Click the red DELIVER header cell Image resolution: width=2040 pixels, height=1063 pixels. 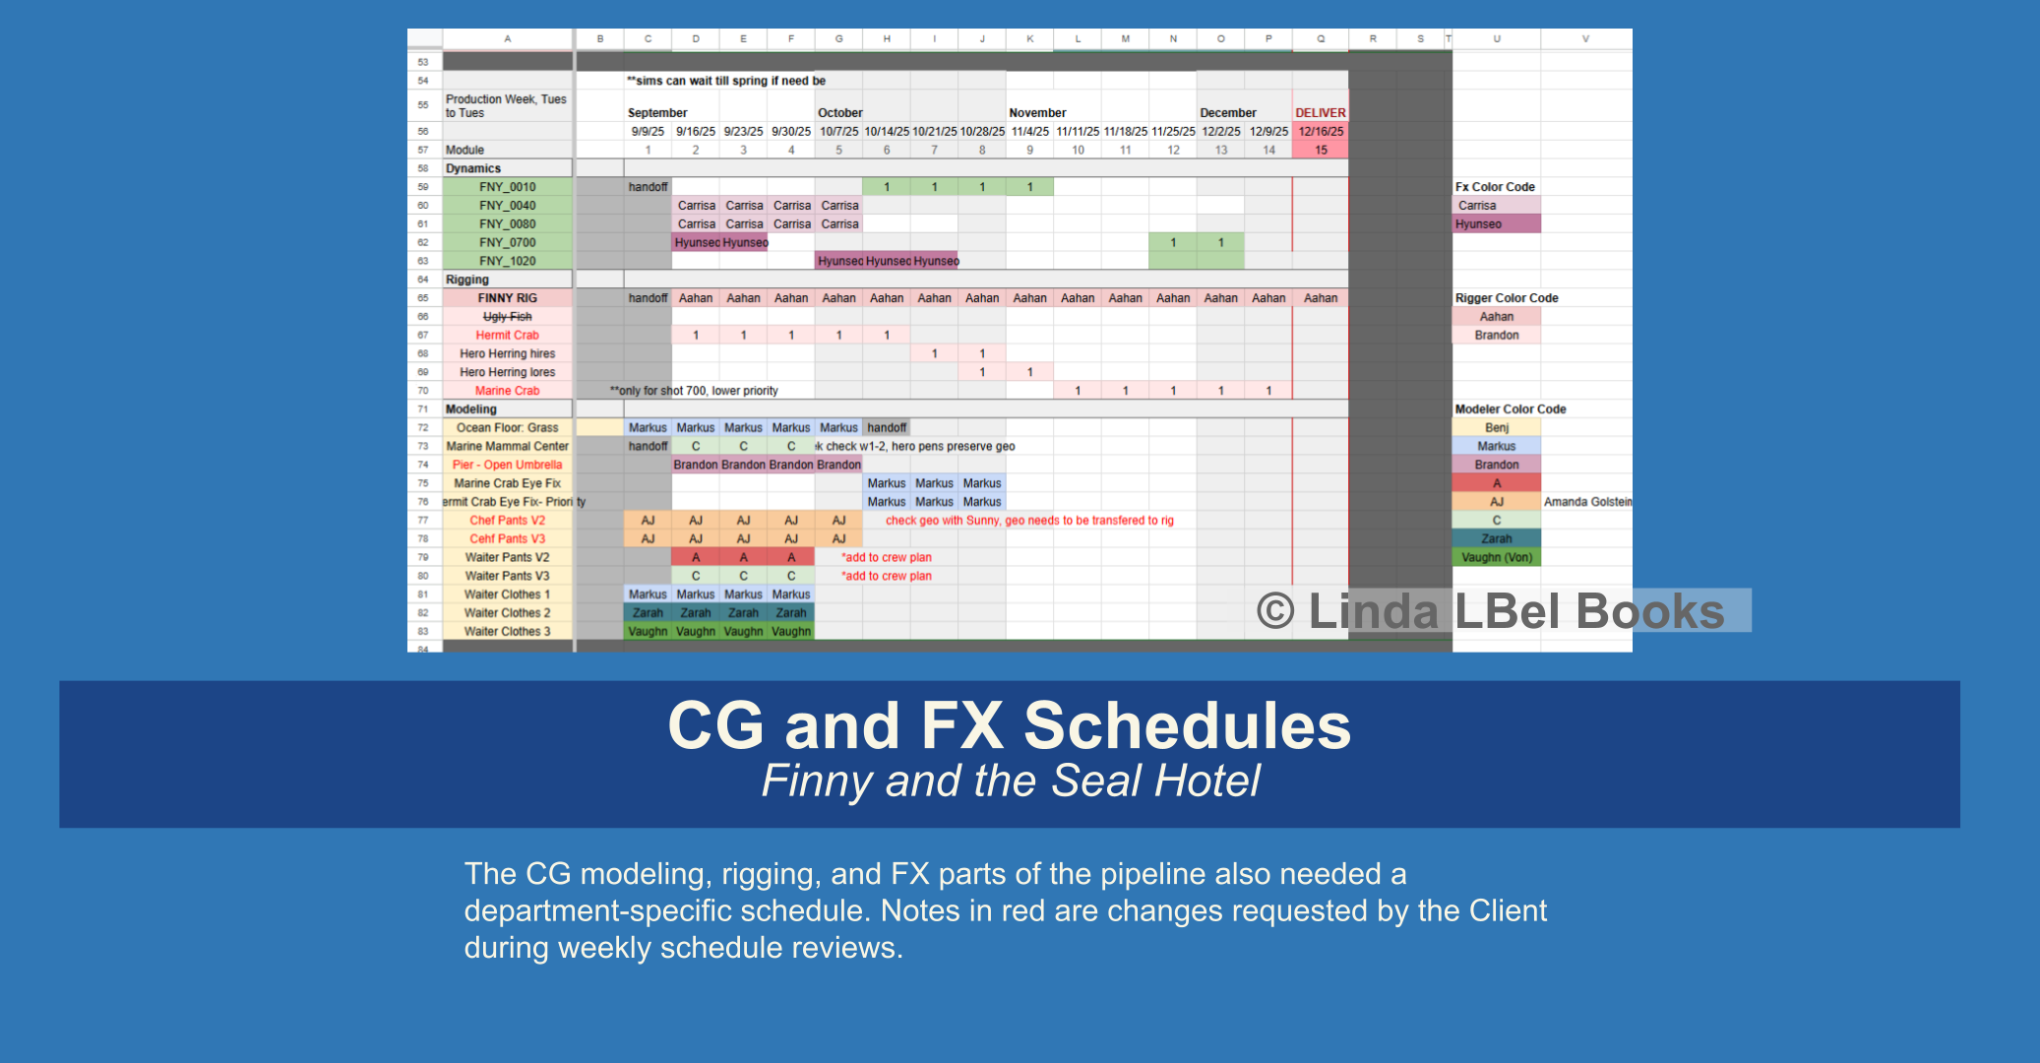click(x=1320, y=113)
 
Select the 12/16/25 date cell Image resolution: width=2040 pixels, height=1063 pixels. click(x=1321, y=132)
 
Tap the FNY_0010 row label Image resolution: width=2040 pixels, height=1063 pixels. click(x=508, y=187)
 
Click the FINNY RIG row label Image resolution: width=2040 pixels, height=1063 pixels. click(x=508, y=298)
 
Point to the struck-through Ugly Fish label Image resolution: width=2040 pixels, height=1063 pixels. click(x=508, y=317)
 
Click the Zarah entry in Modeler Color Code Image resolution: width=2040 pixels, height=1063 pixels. click(x=1497, y=539)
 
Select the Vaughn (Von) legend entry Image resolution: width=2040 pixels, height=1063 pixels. click(x=1497, y=558)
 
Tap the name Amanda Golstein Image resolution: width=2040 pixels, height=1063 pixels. click(x=1587, y=502)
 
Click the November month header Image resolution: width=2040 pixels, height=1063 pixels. click(x=1037, y=113)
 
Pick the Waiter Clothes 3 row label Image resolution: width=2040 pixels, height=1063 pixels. click(x=508, y=632)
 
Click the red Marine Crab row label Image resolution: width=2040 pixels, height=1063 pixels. click(x=508, y=391)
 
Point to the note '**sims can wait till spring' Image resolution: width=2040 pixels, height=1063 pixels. click(x=726, y=81)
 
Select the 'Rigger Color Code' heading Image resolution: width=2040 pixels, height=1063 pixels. click(x=1507, y=298)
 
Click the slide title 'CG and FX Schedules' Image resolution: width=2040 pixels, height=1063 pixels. click(x=1009, y=726)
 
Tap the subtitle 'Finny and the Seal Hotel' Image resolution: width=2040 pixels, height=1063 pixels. click(x=1010, y=782)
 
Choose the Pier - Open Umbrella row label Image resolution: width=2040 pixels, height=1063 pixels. click(x=508, y=466)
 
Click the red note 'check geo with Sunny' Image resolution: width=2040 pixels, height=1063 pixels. click(x=1029, y=521)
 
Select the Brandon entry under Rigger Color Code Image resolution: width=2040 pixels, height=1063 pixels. click(x=1497, y=336)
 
